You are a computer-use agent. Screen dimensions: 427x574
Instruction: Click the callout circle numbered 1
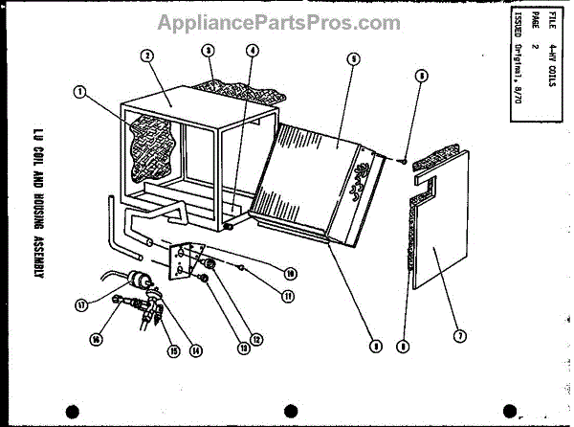pos(78,93)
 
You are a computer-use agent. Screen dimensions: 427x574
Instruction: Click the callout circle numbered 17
pos(83,305)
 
